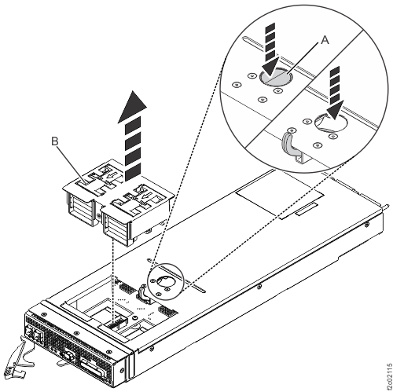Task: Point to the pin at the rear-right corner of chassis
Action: click(383, 202)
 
